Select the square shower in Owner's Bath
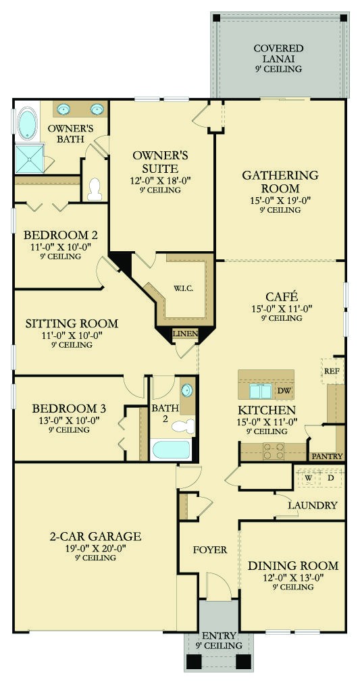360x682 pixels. pyautogui.click(x=29, y=159)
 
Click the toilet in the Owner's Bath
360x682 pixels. pyautogui.click(x=95, y=188)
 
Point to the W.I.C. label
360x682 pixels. pyautogui.click(x=183, y=288)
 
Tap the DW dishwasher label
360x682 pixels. pyautogui.click(x=284, y=390)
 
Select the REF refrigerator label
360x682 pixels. pyautogui.click(x=332, y=371)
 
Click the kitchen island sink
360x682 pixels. pyautogui.click(x=258, y=390)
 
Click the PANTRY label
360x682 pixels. pyautogui.click(x=327, y=456)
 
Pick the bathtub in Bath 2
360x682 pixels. pyautogui.click(x=172, y=450)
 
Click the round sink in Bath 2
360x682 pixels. pyautogui.click(x=186, y=391)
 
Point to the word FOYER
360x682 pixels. pyautogui.click(x=210, y=550)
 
